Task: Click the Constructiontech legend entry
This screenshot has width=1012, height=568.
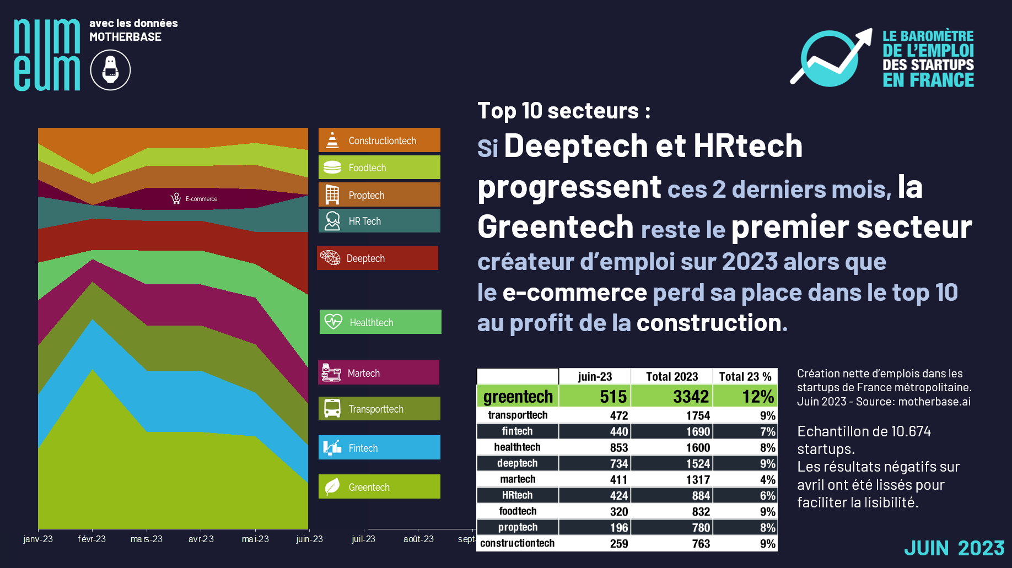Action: tap(379, 140)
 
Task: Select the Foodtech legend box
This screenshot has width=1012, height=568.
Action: tap(379, 167)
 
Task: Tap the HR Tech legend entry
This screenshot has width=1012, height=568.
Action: tap(379, 221)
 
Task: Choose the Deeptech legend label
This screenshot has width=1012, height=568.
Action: tap(365, 258)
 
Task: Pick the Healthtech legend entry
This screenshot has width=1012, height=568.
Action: tap(380, 322)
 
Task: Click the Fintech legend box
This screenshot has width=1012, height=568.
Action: tap(379, 448)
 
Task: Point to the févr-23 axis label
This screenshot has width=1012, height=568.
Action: tap(91, 539)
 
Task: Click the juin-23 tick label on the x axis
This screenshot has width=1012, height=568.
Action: tap(309, 539)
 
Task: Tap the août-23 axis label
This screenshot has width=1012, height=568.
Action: tap(418, 539)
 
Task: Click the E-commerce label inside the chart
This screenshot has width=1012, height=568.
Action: tap(201, 199)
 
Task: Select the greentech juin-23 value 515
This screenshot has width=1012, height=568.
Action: tap(613, 396)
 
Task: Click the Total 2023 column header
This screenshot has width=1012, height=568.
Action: tap(671, 376)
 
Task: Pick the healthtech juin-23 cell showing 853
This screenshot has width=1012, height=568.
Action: tap(618, 447)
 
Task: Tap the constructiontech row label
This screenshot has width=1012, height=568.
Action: tap(517, 543)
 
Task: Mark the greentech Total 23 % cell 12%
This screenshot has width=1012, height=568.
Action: tap(758, 396)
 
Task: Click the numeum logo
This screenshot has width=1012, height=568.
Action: tap(47, 55)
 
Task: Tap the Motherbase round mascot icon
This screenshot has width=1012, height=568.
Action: tap(110, 70)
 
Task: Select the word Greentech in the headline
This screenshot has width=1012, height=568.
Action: tap(556, 227)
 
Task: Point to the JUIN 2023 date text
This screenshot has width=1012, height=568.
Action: tap(954, 548)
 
